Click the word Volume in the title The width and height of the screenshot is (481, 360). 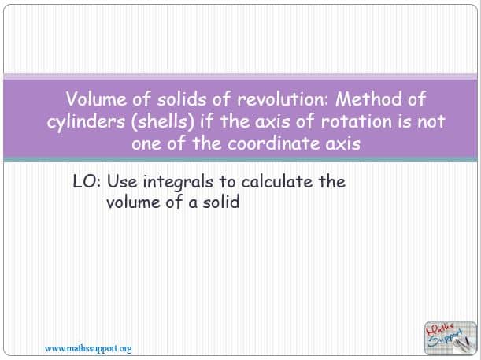point(96,99)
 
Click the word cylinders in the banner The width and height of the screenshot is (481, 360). point(86,122)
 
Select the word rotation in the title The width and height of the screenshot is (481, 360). point(357,121)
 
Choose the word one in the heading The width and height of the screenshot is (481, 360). point(145,144)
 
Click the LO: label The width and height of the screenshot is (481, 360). point(87,182)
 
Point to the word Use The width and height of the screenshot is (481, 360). point(122,182)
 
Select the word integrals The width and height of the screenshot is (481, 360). point(178,182)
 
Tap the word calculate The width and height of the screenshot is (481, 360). point(277,182)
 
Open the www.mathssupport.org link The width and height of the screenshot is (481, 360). point(88,349)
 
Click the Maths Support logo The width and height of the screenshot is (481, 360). point(450,338)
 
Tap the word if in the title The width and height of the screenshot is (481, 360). point(206,121)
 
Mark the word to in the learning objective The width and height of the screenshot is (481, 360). point(227,182)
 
